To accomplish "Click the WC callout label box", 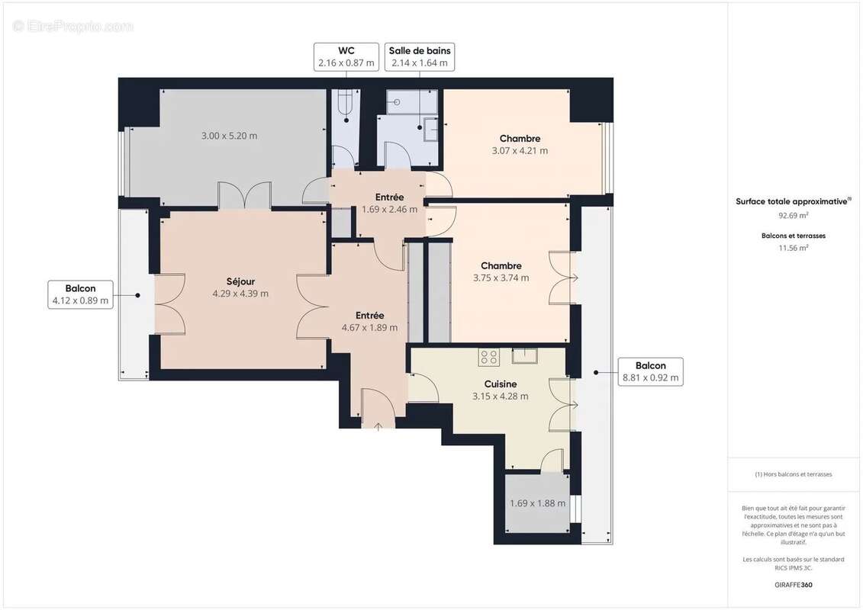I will pyautogui.click(x=346, y=57).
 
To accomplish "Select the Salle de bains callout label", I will pyautogui.click(x=420, y=57).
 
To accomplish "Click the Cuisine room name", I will pyautogui.click(x=500, y=384).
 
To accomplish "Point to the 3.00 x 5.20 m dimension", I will pyautogui.click(x=229, y=136).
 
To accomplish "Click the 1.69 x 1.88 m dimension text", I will pyautogui.click(x=537, y=503).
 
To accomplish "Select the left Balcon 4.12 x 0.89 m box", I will pyautogui.click(x=81, y=294).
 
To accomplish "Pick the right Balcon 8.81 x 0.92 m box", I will pyautogui.click(x=650, y=371).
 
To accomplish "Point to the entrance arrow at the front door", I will pyautogui.click(x=378, y=425).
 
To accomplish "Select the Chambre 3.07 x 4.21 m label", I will pyautogui.click(x=520, y=145).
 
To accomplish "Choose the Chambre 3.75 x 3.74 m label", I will pyautogui.click(x=501, y=272).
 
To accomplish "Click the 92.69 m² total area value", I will pyautogui.click(x=793, y=216).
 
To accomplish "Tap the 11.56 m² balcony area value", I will pyautogui.click(x=793, y=248).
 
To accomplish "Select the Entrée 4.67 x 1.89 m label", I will pyautogui.click(x=369, y=322).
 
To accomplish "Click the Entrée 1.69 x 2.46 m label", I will pyautogui.click(x=389, y=204).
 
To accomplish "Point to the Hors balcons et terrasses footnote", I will pyautogui.click(x=794, y=474).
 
